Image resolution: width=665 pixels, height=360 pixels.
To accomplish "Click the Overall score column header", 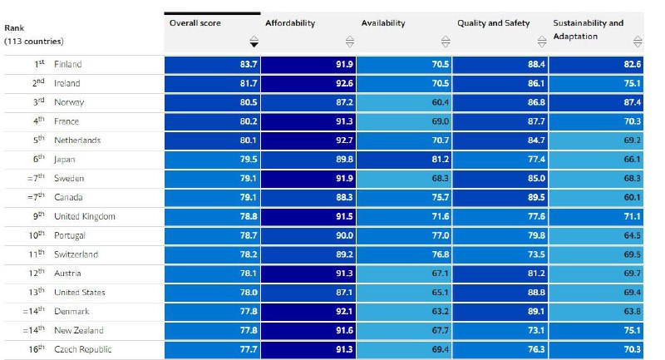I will pos(195,23).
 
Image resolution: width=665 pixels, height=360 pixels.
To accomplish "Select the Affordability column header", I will pos(290,23).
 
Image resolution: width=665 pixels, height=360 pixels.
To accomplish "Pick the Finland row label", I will pos(67,64).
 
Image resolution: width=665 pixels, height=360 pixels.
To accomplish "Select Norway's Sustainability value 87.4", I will pos(631,102).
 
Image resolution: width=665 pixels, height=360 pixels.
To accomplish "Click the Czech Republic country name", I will pos(82,349).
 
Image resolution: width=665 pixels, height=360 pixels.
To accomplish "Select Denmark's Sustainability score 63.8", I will pos(631,312).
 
